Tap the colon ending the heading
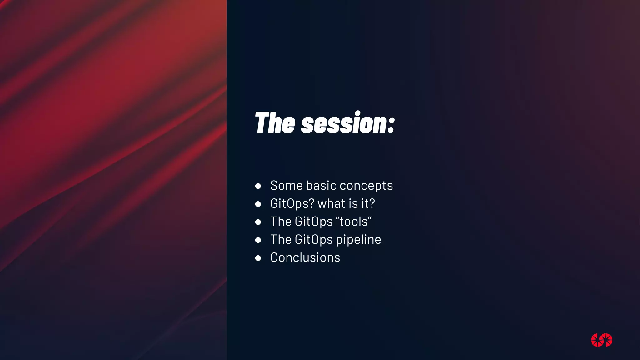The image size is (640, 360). point(391,125)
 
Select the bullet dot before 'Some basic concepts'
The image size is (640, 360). point(258,186)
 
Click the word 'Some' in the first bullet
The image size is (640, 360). point(286,186)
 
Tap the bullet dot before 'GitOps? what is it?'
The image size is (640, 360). point(258,204)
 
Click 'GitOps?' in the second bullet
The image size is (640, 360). point(292,204)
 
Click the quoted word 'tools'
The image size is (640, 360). point(354,222)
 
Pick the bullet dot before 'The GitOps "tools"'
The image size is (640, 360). point(258,222)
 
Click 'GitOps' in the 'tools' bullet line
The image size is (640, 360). point(314,222)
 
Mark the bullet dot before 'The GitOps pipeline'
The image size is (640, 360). point(258,240)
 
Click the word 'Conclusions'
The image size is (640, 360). point(305,258)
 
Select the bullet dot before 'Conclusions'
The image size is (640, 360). point(258,258)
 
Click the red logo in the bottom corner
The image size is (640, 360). point(602,340)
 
